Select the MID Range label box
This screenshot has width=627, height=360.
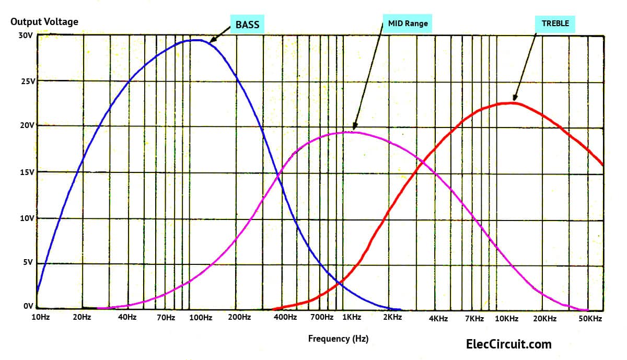[x=408, y=24]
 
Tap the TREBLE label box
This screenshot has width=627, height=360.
[x=555, y=23]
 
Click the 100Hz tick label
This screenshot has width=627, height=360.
[x=200, y=318]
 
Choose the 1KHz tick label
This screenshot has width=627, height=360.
[x=351, y=318]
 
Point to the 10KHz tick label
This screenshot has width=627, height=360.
[x=506, y=318]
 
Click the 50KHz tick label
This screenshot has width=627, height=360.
[x=591, y=318]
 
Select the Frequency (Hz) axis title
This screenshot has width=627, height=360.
[x=338, y=339]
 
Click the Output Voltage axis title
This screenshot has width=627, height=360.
[x=44, y=22]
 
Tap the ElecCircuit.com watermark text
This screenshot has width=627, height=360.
[x=508, y=344]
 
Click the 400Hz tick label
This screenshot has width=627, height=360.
[x=285, y=318]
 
